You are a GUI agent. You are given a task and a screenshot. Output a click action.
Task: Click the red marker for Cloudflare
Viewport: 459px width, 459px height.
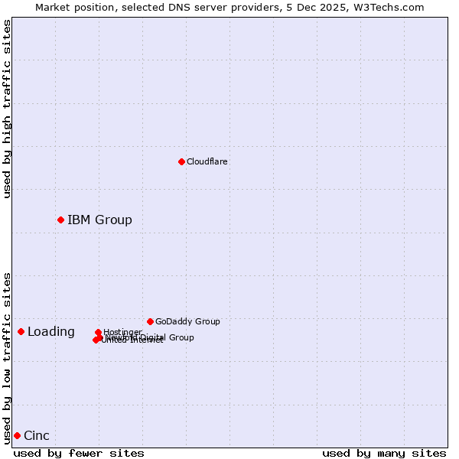[x=181, y=161]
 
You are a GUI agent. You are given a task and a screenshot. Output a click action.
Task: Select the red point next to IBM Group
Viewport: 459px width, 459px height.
[x=60, y=220]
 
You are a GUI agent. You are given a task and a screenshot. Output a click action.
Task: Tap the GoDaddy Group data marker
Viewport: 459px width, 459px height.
[x=150, y=321]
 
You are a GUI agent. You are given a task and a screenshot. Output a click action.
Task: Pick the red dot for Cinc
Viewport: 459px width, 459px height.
[x=17, y=435]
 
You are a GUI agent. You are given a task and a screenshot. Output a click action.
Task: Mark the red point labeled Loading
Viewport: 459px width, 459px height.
[x=21, y=331]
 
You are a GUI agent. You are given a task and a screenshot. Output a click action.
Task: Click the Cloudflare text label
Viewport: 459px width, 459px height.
[x=207, y=161]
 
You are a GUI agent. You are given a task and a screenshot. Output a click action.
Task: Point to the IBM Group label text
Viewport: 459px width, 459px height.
[x=99, y=220]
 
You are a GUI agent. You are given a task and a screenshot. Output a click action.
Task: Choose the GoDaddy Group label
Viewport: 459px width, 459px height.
[x=187, y=321]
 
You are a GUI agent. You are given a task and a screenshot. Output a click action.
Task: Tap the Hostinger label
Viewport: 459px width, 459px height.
[x=122, y=332]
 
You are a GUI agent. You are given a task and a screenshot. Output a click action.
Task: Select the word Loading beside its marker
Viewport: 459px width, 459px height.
[x=51, y=332]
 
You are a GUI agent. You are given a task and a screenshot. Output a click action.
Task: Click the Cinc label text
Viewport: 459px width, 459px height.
[x=37, y=436]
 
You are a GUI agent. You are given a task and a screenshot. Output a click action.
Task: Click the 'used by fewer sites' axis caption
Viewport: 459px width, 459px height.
[x=79, y=453]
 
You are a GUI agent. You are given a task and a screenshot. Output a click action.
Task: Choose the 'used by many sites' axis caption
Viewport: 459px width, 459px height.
[x=384, y=453]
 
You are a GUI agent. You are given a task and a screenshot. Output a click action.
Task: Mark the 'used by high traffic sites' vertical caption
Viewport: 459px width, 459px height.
[x=7, y=109]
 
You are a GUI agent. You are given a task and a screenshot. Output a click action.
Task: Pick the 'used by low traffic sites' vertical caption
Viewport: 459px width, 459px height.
[x=7, y=357]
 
